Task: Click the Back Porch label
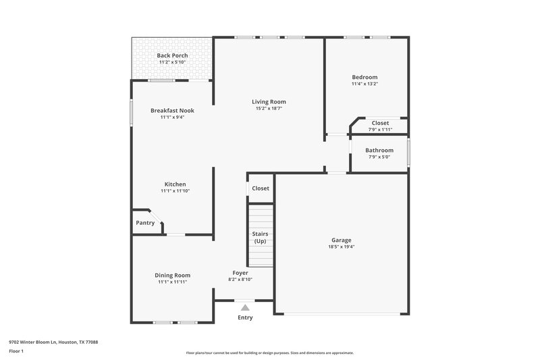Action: [x=172, y=55]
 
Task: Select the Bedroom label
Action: [x=364, y=77]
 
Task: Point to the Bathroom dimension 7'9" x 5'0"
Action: [x=379, y=157]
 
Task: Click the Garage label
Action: [x=341, y=240]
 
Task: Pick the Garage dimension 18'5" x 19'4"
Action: [x=341, y=247]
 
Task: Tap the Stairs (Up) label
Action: [x=260, y=237]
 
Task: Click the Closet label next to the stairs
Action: [x=261, y=188]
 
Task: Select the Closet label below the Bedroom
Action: [x=380, y=123]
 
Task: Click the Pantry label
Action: [x=145, y=223]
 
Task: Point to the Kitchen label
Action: [x=175, y=184]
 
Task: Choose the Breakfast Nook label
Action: [x=172, y=110]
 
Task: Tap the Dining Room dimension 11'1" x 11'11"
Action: [x=172, y=282]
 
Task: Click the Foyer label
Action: [x=240, y=273]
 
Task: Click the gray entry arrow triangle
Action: [x=245, y=307]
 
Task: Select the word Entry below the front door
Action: [x=245, y=317]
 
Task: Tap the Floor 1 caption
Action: [x=16, y=351]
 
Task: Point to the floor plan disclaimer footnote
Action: [x=270, y=353]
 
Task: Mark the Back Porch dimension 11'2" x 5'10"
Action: [x=172, y=62]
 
